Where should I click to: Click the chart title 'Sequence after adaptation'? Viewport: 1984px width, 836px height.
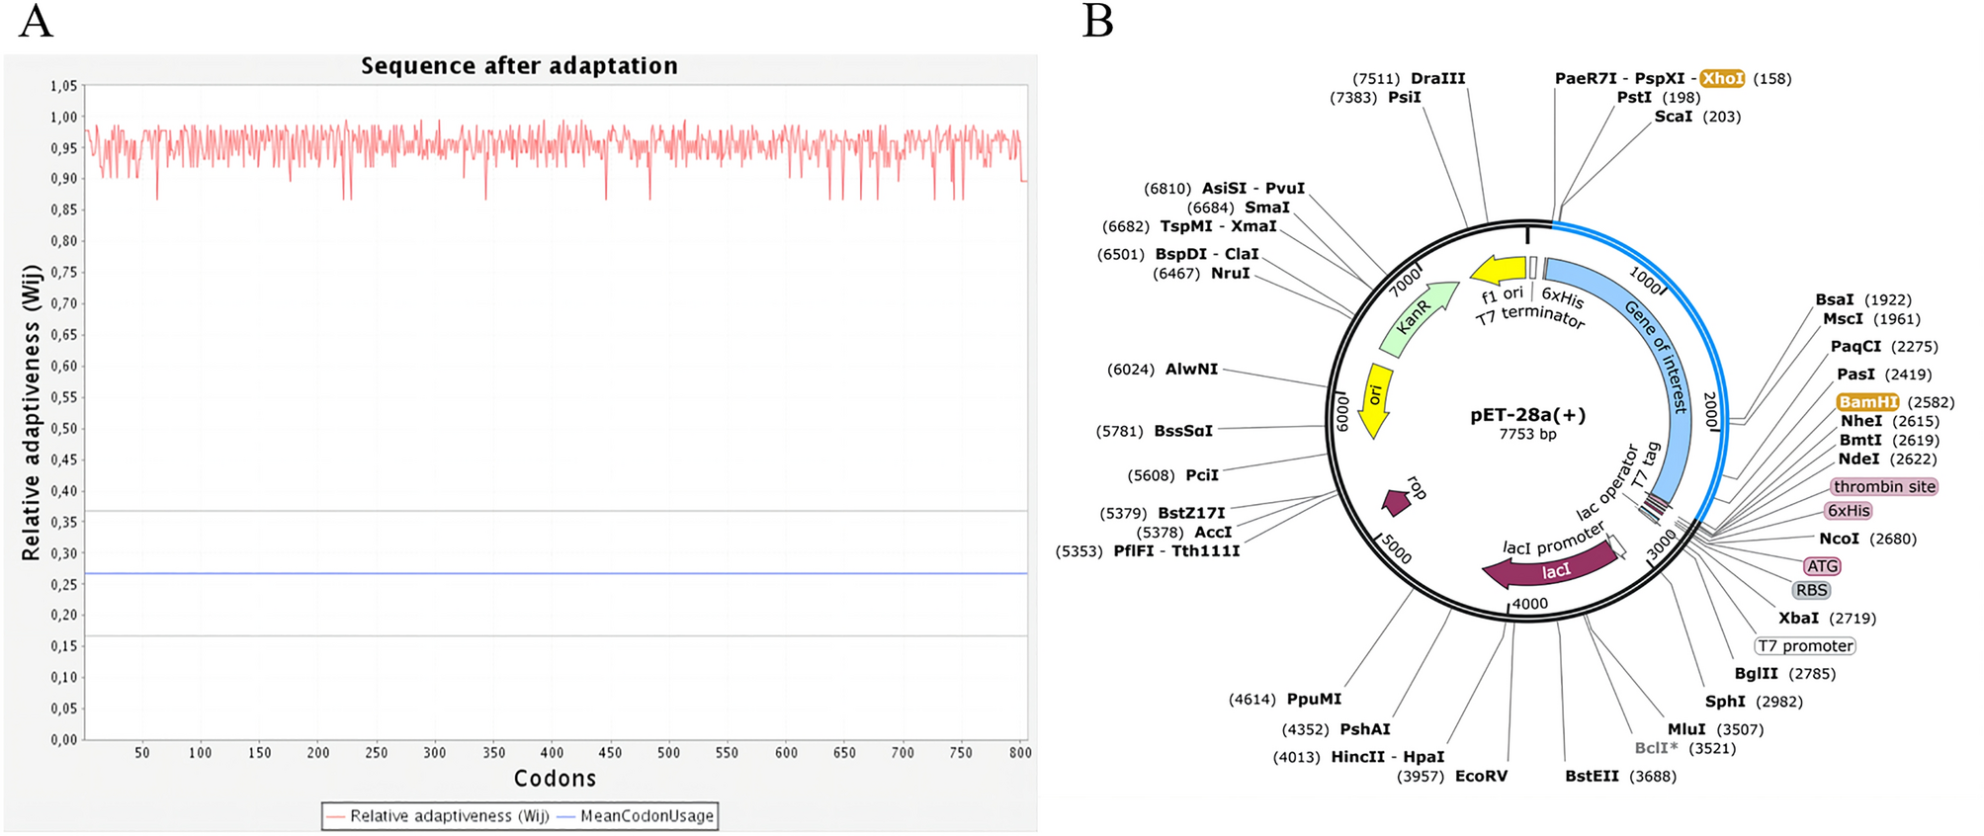point(519,66)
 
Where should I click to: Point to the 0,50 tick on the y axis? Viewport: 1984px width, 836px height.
point(63,429)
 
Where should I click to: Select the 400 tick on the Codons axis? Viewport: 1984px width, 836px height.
point(552,753)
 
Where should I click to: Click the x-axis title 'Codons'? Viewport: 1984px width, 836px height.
point(555,779)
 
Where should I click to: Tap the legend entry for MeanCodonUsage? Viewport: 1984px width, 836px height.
point(646,816)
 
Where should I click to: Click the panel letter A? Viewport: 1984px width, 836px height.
point(36,21)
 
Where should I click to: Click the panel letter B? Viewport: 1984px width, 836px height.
point(1097,21)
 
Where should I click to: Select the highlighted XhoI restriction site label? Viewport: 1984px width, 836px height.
point(1722,78)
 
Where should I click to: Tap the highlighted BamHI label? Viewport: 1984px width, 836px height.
point(1867,402)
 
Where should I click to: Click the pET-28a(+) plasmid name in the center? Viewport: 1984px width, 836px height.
point(1527,415)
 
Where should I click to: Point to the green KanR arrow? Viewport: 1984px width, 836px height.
point(1416,318)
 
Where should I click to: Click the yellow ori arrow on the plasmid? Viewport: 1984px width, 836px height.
point(1374,398)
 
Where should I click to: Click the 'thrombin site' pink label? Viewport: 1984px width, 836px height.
point(1883,486)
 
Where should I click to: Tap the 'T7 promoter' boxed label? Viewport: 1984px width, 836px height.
point(1805,646)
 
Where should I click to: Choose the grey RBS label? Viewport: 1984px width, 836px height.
point(1811,590)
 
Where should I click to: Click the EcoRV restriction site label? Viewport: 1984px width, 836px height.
point(1481,777)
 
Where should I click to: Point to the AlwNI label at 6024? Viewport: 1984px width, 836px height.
point(1191,369)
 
